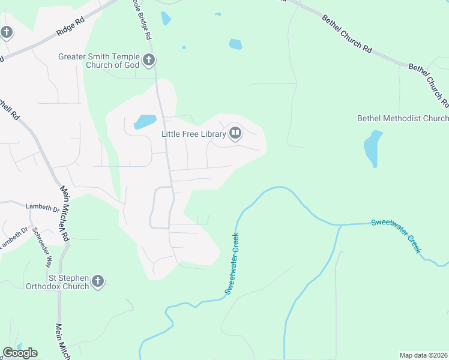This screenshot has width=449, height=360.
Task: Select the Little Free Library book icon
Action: point(235,134)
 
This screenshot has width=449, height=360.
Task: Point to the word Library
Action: point(211,134)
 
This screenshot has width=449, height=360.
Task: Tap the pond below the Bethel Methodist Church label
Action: point(373,148)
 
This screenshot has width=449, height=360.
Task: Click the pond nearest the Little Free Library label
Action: point(145,122)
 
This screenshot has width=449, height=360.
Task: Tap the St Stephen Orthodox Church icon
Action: point(98,281)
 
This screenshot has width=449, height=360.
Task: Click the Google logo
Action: point(20,353)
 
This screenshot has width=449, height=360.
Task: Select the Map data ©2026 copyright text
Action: point(424,355)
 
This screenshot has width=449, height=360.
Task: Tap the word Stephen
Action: point(74,278)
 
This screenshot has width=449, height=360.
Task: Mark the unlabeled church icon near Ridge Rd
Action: point(6,32)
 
